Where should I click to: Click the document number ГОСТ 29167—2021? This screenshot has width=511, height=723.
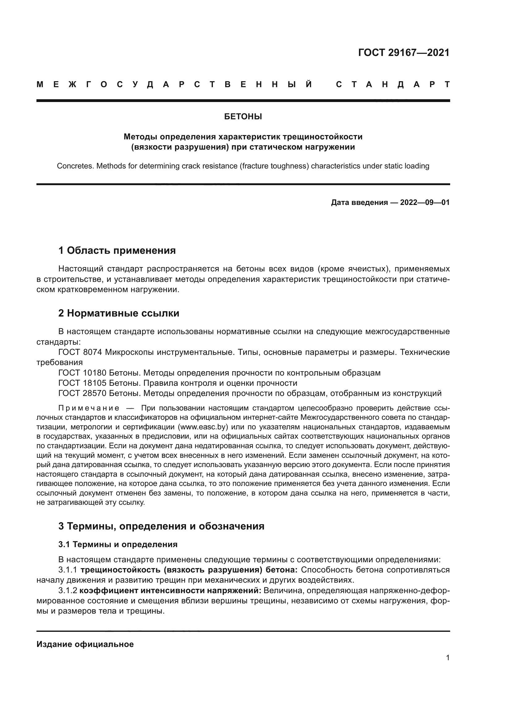pos(404,53)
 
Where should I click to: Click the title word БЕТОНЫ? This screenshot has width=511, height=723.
pos(243,117)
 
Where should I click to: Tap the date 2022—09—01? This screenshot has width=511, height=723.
pos(425,202)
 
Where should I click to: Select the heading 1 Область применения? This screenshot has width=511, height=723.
pos(117,251)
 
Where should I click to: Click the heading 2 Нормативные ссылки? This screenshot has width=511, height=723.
pos(119,313)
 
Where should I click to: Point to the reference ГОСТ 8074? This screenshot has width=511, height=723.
pos(80,352)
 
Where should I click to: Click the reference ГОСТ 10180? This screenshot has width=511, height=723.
pos(82,373)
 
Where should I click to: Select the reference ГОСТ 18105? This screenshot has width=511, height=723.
pos(82,383)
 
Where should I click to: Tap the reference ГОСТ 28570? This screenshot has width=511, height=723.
pos(82,393)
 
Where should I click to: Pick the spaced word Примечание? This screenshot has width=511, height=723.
pos(89,408)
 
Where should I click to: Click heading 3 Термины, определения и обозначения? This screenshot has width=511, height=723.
pos(161,526)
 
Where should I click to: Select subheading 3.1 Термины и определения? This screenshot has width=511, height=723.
pos(118,544)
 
